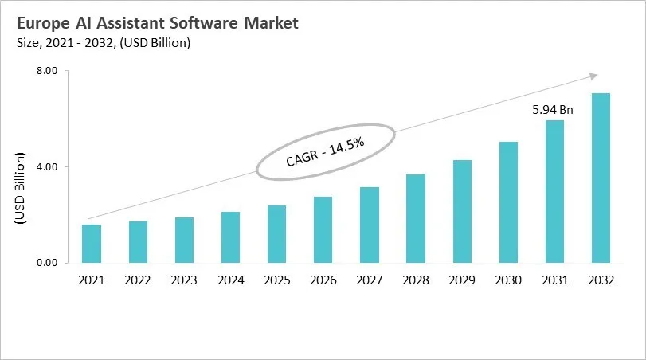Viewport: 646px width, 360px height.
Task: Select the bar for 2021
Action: (92, 244)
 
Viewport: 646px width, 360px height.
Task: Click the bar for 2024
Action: (230, 237)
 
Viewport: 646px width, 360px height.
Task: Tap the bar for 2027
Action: (369, 225)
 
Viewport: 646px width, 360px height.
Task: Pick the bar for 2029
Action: (462, 211)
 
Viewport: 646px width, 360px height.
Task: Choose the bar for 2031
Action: (554, 191)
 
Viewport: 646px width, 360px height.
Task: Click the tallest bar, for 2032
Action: (601, 178)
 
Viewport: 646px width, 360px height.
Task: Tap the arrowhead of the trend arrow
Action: (593, 76)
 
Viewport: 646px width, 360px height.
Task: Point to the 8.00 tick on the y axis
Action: (47, 71)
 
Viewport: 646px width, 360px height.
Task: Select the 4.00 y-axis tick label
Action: (47, 166)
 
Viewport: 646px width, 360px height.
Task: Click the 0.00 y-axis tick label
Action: (47, 263)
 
